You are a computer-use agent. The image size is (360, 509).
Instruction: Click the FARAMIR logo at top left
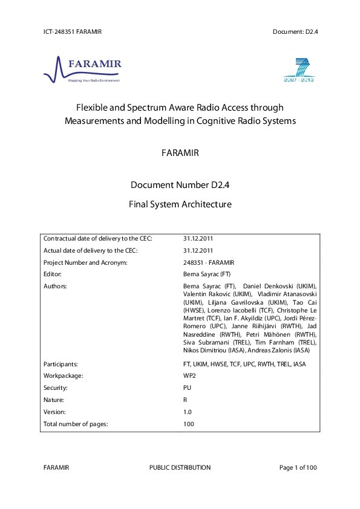tap(82, 69)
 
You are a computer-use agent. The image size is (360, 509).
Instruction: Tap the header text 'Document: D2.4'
tap(295, 31)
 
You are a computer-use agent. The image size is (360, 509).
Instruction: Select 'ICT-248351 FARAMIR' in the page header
tap(73, 31)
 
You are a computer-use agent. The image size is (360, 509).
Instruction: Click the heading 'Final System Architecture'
tap(180, 204)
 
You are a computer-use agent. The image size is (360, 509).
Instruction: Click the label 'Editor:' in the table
tap(53, 274)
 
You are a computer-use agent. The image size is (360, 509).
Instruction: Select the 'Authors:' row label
tap(55, 285)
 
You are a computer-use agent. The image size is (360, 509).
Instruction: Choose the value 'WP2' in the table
tap(189, 375)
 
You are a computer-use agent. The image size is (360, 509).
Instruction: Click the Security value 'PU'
tap(187, 387)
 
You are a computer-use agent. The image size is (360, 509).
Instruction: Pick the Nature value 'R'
tap(185, 400)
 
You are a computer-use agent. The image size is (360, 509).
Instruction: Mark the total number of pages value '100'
tap(189, 424)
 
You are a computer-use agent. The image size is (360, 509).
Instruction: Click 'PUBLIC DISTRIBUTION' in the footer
tap(180, 467)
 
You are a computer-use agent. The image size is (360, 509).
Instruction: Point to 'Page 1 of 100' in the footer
tap(298, 467)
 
